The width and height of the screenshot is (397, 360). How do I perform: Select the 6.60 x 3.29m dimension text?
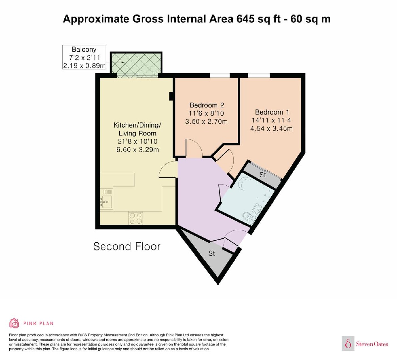pyautogui.click(x=137, y=150)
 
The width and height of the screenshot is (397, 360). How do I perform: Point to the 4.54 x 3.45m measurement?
pyautogui.click(x=271, y=128)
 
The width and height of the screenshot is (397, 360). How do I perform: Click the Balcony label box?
pyautogui.click(x=84, y=57)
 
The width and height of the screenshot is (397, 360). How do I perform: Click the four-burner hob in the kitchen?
pyautogui.click(x=136, y=218)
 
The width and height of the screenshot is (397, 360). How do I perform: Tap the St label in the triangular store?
pyautogui.click(x=211, y=253)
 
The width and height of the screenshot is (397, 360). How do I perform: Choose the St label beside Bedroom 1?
pyautogui.click(x=262, y=175)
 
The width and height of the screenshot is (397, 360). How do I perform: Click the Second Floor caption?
pyautogui.click(x=127, y=247)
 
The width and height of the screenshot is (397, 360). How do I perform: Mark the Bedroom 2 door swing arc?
pyautogui.click(x=196, y=144)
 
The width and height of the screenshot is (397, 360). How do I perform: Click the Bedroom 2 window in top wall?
pyautogui.click(x=220, y=75)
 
